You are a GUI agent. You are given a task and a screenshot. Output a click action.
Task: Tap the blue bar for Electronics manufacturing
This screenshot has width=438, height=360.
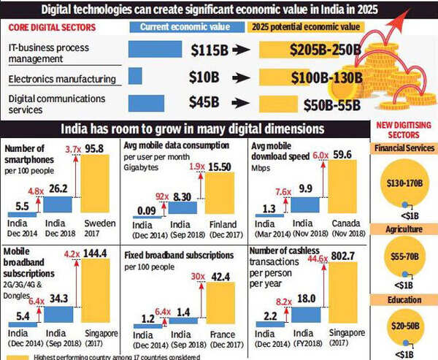click(135, 77)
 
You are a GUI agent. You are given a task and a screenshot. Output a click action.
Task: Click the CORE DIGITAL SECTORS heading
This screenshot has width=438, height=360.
click(45, 26)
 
